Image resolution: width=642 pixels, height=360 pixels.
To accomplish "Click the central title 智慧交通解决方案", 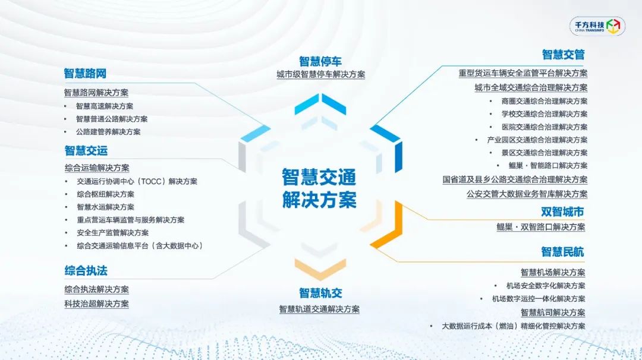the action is pyautogui.click(x=319, y=188).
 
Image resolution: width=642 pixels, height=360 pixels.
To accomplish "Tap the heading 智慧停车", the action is pyautogui.click(x=320, y=61).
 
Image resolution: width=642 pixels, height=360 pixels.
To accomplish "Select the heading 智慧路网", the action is pyautogui.click(x=85, y=74).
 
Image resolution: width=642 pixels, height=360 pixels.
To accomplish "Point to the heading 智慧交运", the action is pyautogui.click(x=86, y=150).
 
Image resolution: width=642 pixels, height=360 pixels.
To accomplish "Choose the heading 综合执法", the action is pyautogui.click(x=86, y=270).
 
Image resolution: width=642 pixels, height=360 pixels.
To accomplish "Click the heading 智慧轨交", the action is pyautogui.click(x=320, y=293).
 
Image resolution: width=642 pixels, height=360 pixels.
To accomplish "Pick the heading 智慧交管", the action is pyautogui.click(x=563, y=55).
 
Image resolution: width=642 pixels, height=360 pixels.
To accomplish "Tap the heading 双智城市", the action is pyautogui.click(x=562, y=211).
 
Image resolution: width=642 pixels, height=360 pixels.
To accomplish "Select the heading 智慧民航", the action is pyautogui.click(x=562, y=252).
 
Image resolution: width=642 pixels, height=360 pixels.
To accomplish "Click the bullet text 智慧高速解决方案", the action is pyautogui.click(x=105, y=106).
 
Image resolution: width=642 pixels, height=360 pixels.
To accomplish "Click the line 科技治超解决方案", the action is pyautogui.click(x=97, y=304).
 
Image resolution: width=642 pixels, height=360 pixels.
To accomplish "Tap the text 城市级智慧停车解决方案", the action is pyautogui.click(x=320, y=74).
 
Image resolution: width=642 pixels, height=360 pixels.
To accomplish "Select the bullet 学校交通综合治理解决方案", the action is pyautogui.click(x=545, y=113).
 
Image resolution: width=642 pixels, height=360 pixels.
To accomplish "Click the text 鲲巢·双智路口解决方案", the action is pyautogui.click(x=540, y=227).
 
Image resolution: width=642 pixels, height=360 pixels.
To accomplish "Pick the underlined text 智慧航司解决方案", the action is pyautogui.click(x=553, y=312).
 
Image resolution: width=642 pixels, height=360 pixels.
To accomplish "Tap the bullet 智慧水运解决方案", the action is pyautogui.click(x=105, y=207).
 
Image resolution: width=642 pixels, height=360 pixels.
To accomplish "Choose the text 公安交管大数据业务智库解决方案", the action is pyautogui.click(x=527, y=194).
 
